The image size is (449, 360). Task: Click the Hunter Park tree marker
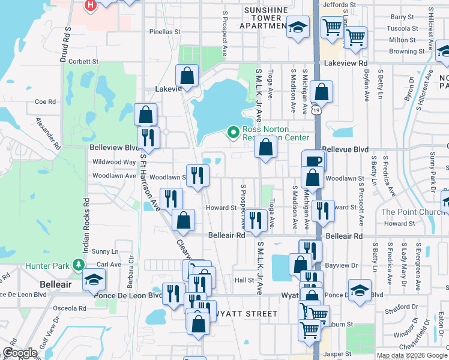point(77,265)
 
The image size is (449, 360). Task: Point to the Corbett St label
point(83,61)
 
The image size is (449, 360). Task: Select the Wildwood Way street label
point(113,162)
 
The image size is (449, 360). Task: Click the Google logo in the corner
point(20,353)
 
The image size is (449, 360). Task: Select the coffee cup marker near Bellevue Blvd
point(313,161)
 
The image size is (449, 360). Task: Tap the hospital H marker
point(90,5)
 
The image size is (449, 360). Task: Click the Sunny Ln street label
point(106,251)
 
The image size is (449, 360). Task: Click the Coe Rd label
point(45,102)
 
